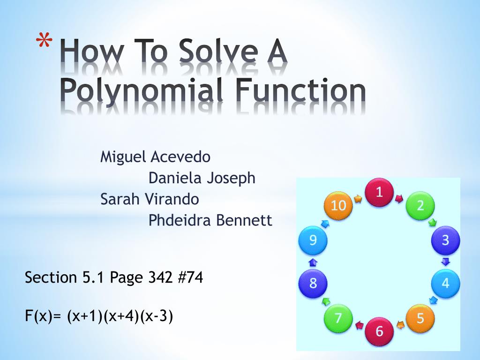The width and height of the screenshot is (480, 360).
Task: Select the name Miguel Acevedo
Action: [155, 157]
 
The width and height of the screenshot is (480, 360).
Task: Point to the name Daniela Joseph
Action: [202, 178]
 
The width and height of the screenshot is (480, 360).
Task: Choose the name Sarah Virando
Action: [150, 199]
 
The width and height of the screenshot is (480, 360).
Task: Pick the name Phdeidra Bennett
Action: [210, 220]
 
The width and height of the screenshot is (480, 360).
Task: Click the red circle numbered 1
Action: [379, 192]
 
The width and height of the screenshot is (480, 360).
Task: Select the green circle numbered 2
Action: [420, 206]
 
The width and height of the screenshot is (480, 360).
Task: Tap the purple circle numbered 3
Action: [445, 240]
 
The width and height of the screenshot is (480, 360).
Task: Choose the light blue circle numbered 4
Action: [445, 283]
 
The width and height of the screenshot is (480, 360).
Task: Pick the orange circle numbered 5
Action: [420, 318]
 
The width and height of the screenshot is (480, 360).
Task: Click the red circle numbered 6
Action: [379, 331]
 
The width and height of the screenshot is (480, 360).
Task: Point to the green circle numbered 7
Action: [338, 318]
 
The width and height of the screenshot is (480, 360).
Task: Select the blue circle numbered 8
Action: [313, 283]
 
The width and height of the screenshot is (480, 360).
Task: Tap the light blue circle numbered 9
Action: [313, 240]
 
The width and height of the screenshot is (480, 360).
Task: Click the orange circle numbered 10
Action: [338, 206]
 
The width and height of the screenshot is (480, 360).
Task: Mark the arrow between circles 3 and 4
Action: [446, 262]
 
